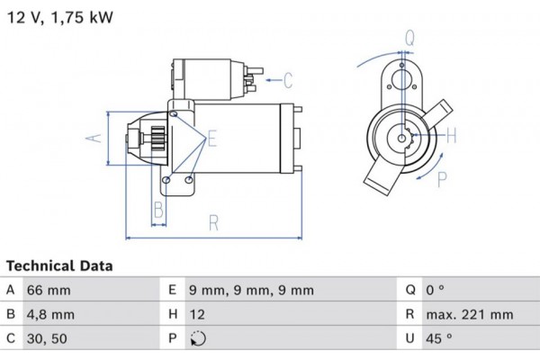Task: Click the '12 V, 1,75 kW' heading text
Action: tap(60, 17)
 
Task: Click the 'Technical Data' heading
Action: tap(59, 266)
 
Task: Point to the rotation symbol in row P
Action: tap(199, 339)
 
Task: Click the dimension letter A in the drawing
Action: tap(90, 138)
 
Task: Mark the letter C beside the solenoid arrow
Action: tap(288, 81)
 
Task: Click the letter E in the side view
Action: tap(212, 139)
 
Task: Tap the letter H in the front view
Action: tap(452, 137)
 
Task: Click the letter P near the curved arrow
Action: tap(442, 179)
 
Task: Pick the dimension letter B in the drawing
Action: tap(157, 211)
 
